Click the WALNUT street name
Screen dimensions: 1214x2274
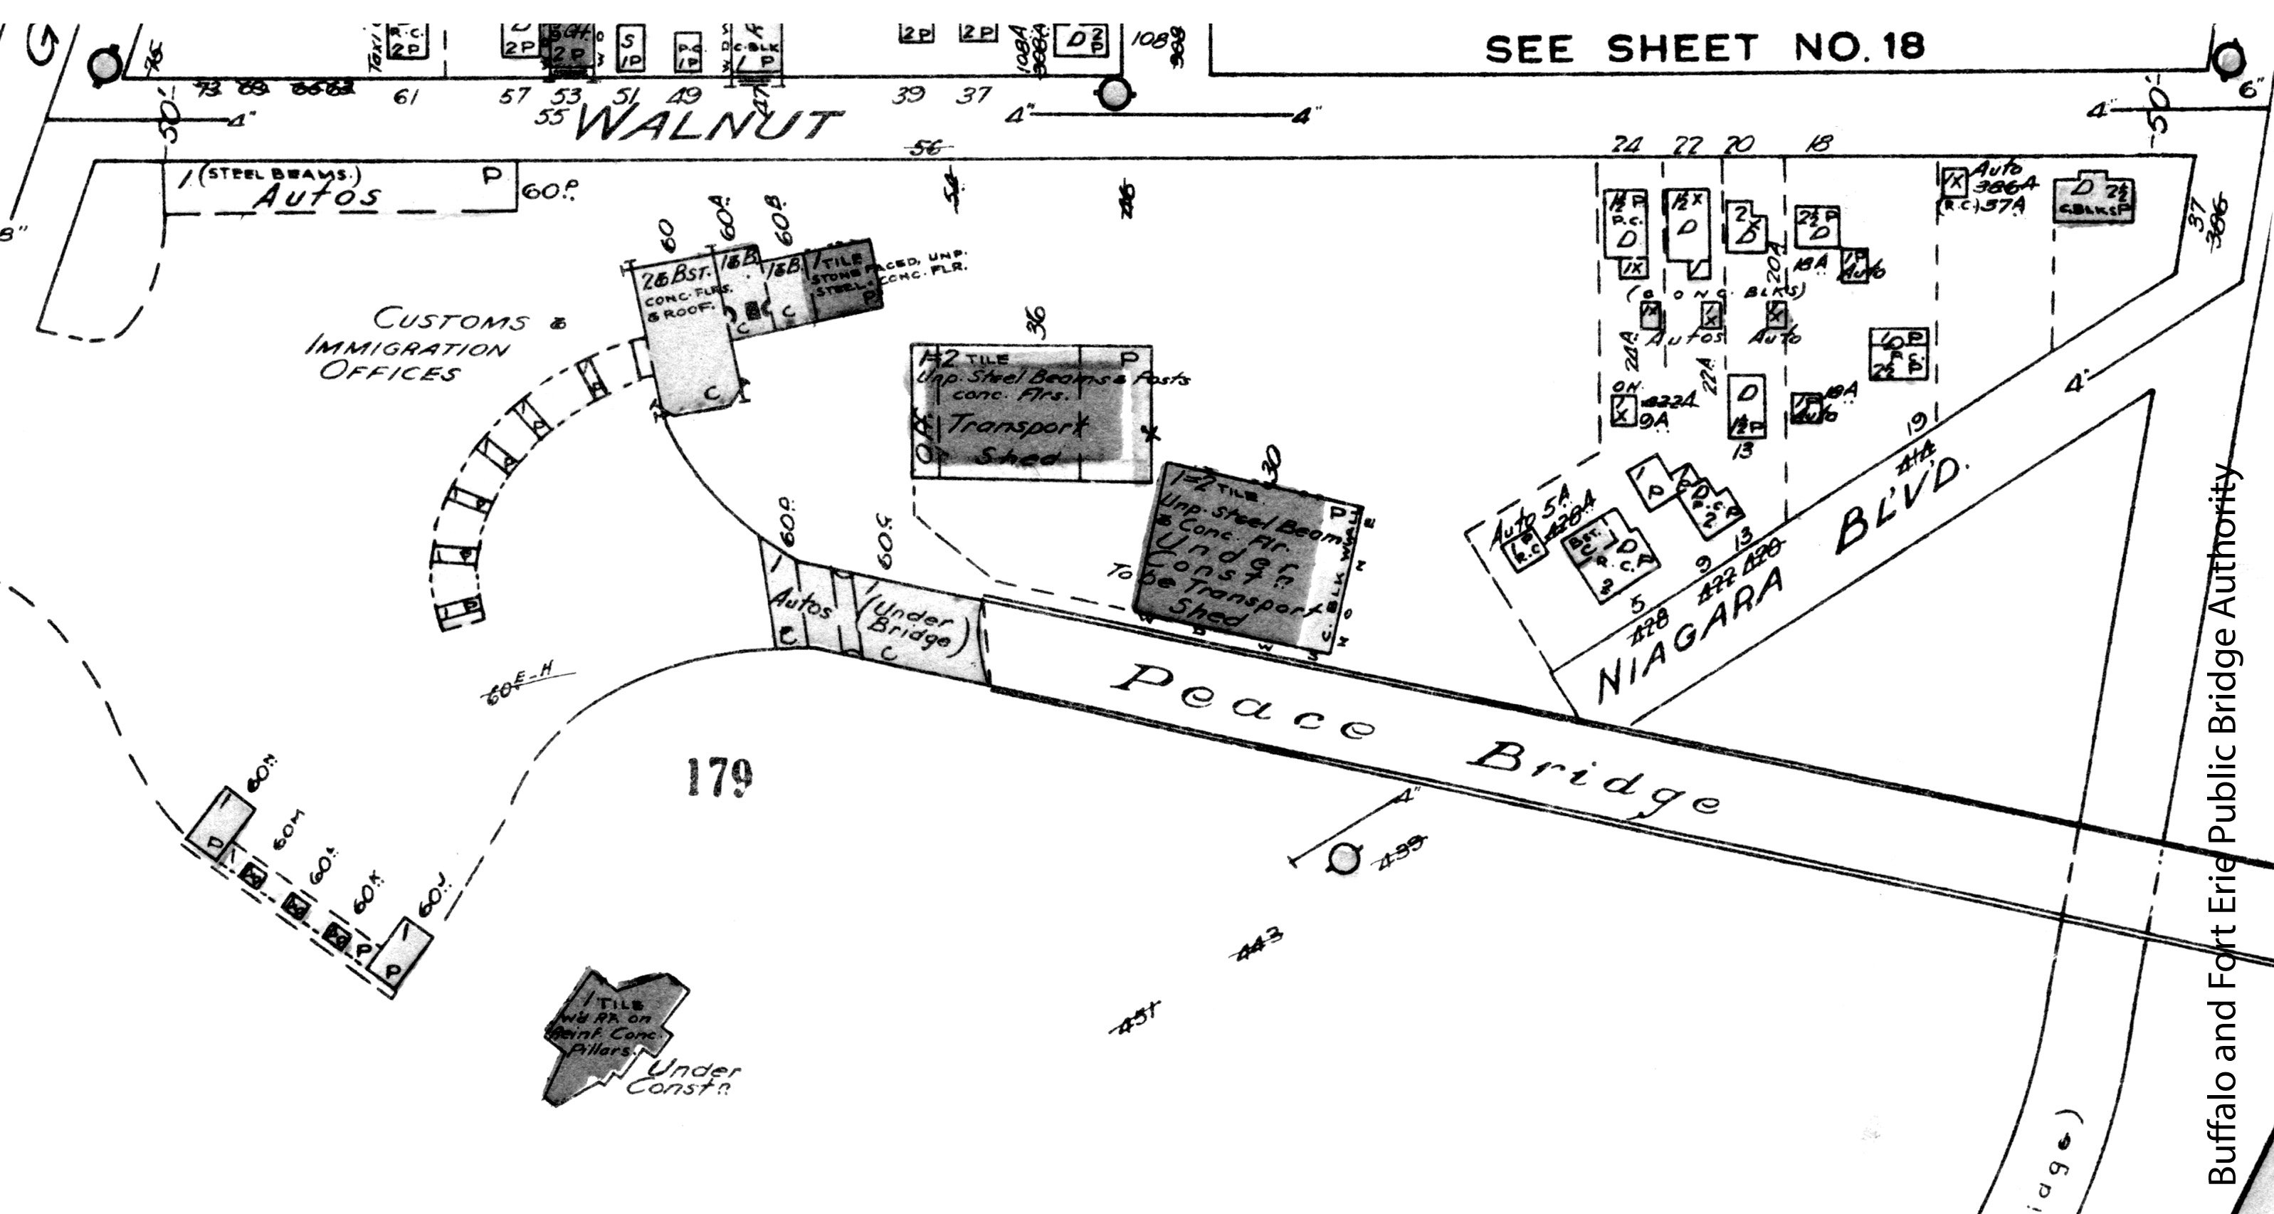(x=706, y=125)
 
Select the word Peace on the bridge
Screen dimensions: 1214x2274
(x=1241, y=703)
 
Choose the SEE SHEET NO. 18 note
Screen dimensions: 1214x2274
(x=1704, y=48)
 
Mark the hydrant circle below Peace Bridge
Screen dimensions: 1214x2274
(x=1344, y=858)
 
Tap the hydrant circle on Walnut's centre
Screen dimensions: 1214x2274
(x=1114, y=92)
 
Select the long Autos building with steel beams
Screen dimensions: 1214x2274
(x=340, y=187)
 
